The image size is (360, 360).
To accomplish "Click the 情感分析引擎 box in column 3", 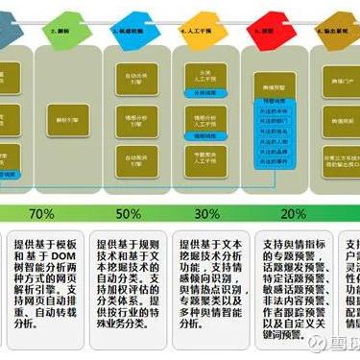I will (x=141, y=120).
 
